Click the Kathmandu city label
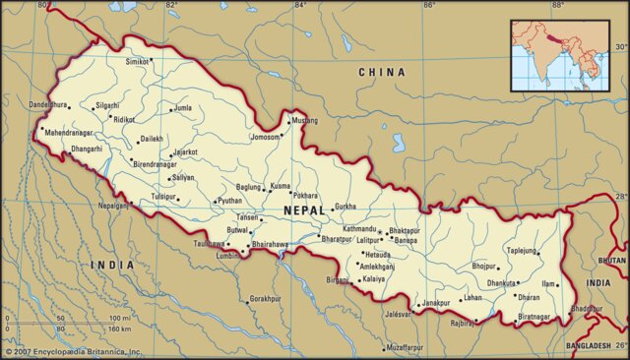tap(358, 229)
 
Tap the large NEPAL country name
tap(305, 210)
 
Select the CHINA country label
tap(382, 72)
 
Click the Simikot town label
tap(137, 61)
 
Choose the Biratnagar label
tap(535, 317)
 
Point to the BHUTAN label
tap(611, 261)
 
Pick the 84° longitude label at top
tap(300, 6)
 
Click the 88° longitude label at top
tap(557, 6)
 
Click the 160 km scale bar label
tap(120, 330)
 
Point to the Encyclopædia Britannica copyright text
tap(74, 351)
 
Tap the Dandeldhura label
tap(48, 104)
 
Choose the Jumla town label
tap(184, 108)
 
